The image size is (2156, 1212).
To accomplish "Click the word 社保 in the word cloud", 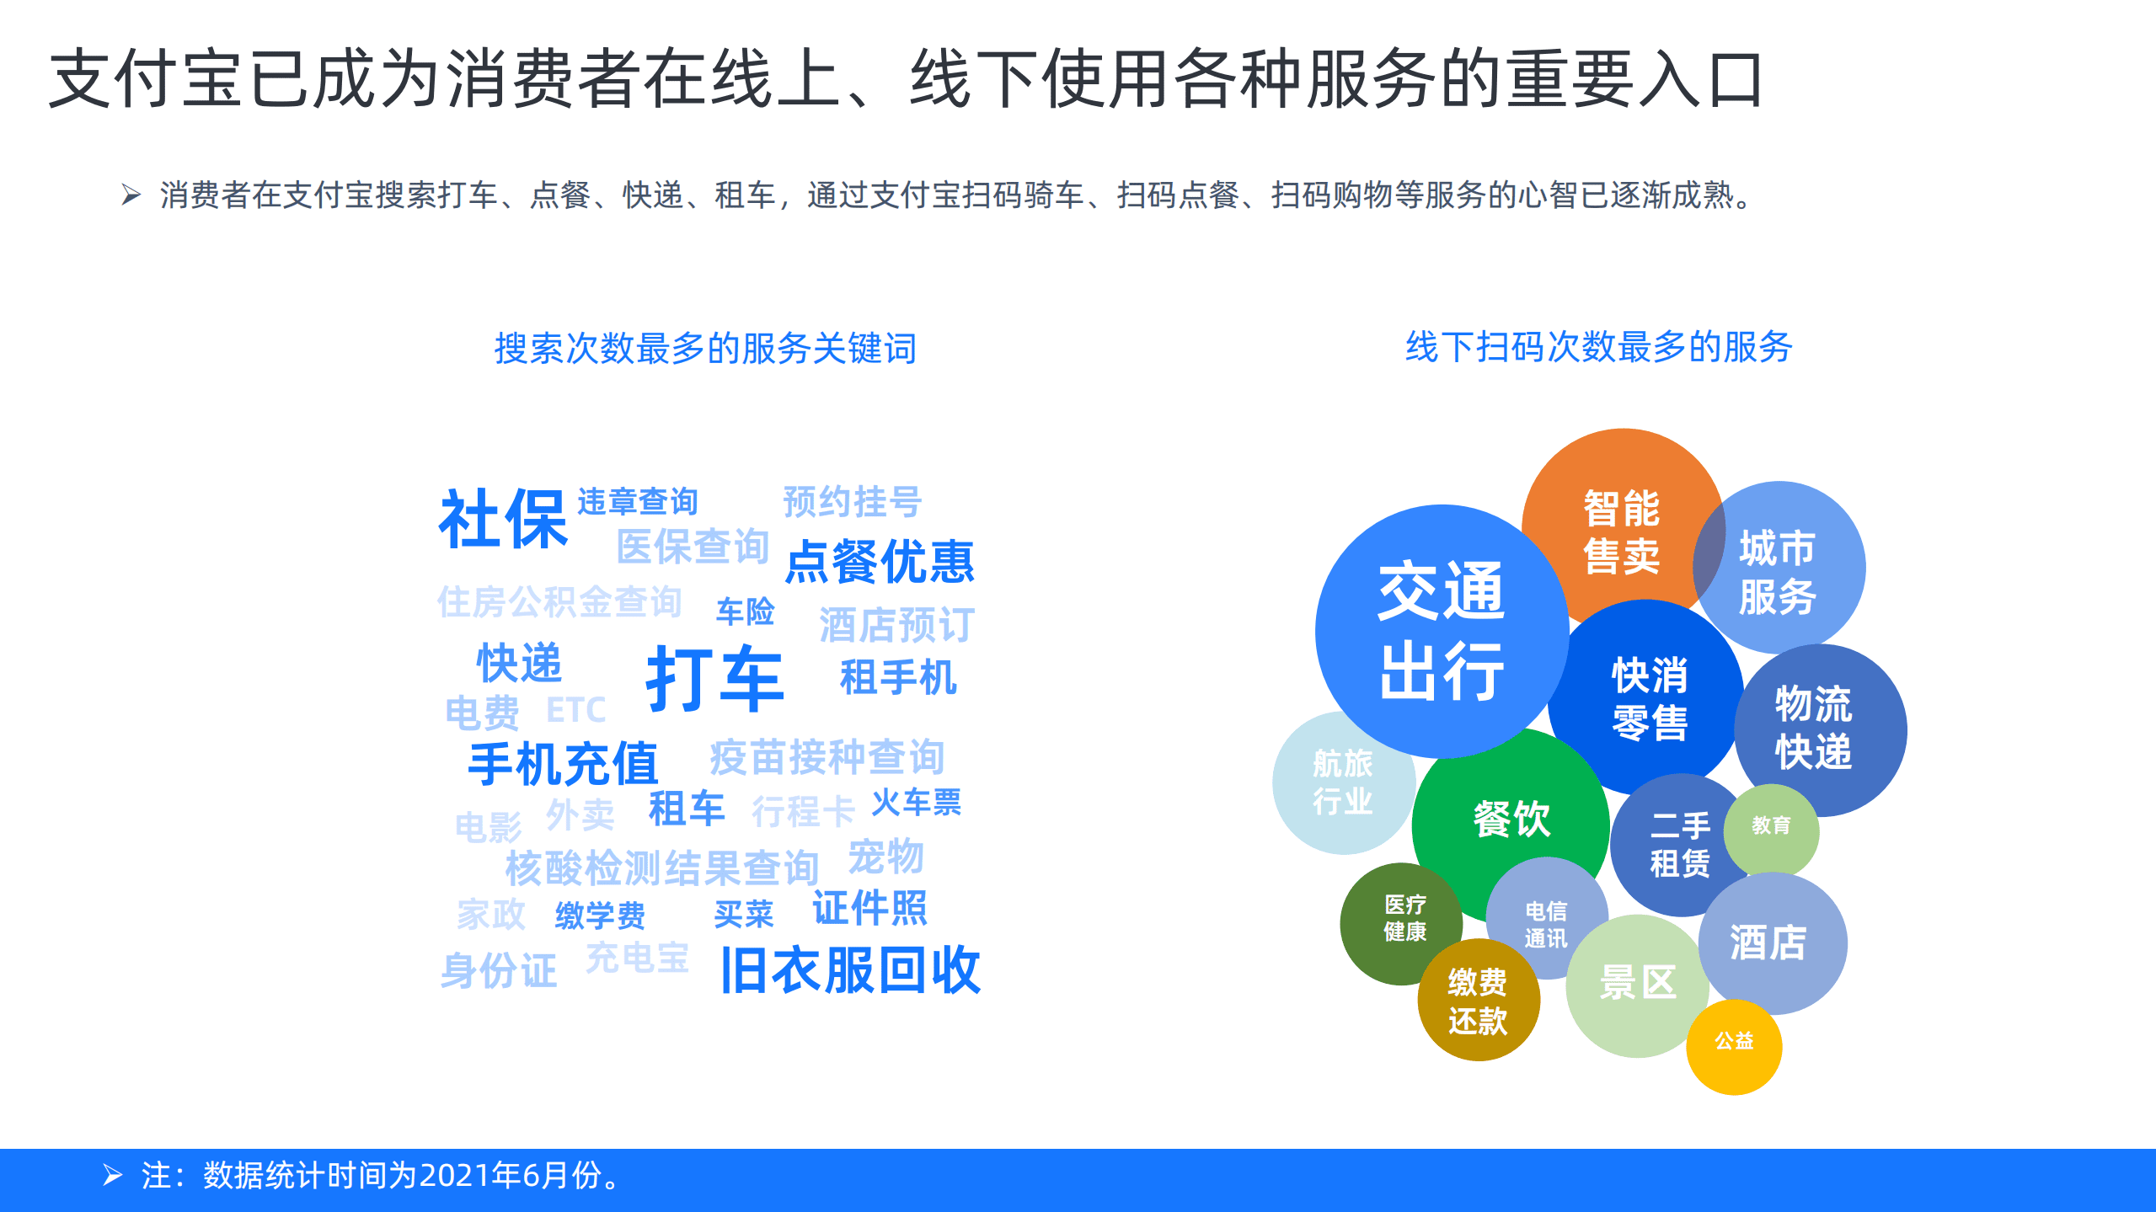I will tap(503, 520).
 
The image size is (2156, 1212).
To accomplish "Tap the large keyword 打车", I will tap(714, 678).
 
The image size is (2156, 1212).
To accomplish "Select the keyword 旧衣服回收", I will tap(850, 970).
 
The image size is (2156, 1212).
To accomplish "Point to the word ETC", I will tap(575, 710).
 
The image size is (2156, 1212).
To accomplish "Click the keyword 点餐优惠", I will tap(880, 562).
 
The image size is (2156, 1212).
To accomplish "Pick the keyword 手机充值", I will tap(563, 764).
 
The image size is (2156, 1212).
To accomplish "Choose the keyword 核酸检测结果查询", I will tap(662, 868).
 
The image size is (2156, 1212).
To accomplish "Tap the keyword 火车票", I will tap(917, 803).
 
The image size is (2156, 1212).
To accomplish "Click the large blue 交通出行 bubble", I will tap(1442, 632).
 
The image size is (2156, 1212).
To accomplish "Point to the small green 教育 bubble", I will tap(1771, 825).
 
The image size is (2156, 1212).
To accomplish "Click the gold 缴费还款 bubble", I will tap(1477, 1001).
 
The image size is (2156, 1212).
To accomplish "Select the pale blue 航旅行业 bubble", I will tap(1342, 782).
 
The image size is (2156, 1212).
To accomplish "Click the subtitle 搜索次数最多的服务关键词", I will tap(705, 348).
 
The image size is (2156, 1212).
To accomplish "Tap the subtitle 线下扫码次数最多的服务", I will tap(1598, 346).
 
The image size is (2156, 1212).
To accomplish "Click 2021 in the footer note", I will tap(454, 1175).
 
